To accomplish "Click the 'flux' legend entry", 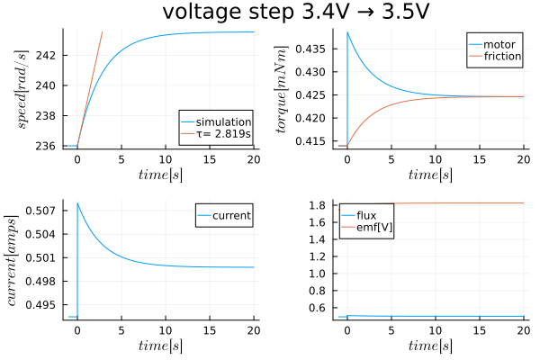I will pyautogui.click(x=365, y=215).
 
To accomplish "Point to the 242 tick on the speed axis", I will pyautogui.click(x=49, y=56).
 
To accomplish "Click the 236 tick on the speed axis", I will pyautogui.click(x=49, y=146).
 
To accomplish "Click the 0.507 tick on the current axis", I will pyautogui.click(x=45, y=211).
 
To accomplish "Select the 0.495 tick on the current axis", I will pyautogui.click(x=45, y=304).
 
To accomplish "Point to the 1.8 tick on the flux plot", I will pyautogui.click(x=323, y=206).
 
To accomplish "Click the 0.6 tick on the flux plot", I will pyautogui.click(x=323, y=308).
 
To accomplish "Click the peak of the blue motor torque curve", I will pyautogui.click(x=347, y=32).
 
